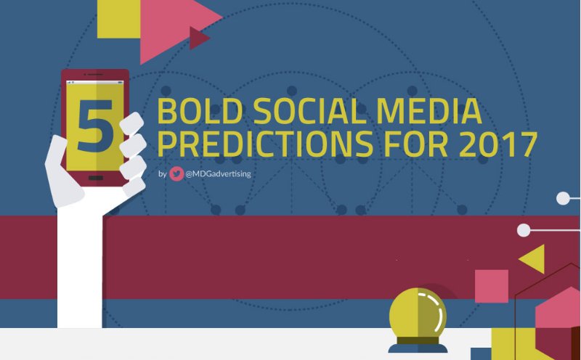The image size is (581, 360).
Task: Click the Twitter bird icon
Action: pyautogui.click(x=176, y=174)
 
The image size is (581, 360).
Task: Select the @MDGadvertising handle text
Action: pyautogui.click(x=219, y=174)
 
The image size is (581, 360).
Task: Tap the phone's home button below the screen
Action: pyautogui.click(x=94, y=178)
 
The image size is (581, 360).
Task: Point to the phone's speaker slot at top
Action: pyautogui.click(x=94, y=76)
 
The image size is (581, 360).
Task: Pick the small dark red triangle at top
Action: pyautogui.click(x=198, y=37)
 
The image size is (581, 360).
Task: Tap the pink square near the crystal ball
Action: pyautogui.click(x=491, y=286)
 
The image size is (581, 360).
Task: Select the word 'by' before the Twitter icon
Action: pyautogui.click(x=161, y=174)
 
